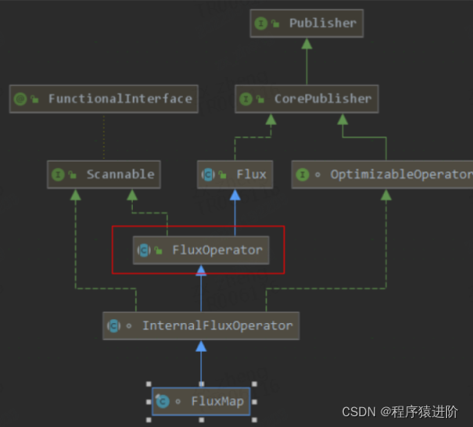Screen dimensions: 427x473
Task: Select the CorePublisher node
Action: click(305, 99)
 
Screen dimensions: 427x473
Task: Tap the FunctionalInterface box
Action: click(102, 99)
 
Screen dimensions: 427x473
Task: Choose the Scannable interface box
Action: click(104, 174)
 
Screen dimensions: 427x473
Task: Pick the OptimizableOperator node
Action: click(382, 174)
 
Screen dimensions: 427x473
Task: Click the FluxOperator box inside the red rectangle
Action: click(198, 250)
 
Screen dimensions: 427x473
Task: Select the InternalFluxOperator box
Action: click(201, 326)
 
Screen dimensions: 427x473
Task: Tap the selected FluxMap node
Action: click(201, 401)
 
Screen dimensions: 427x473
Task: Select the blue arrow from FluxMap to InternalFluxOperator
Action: click(201, 363)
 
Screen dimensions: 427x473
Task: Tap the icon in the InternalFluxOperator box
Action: click(114, 326)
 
